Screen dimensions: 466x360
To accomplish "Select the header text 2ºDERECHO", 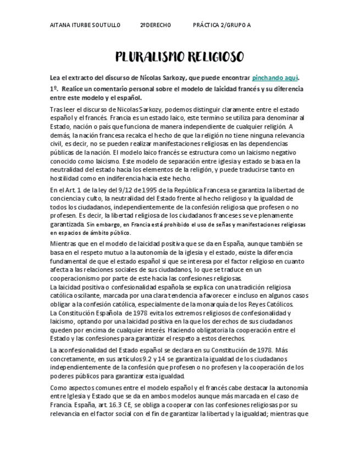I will click(x=156, y=25).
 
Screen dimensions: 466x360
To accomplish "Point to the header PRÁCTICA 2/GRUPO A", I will click(x=222, y=25).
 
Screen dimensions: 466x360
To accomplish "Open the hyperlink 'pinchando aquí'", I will click(x=275, y=78).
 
